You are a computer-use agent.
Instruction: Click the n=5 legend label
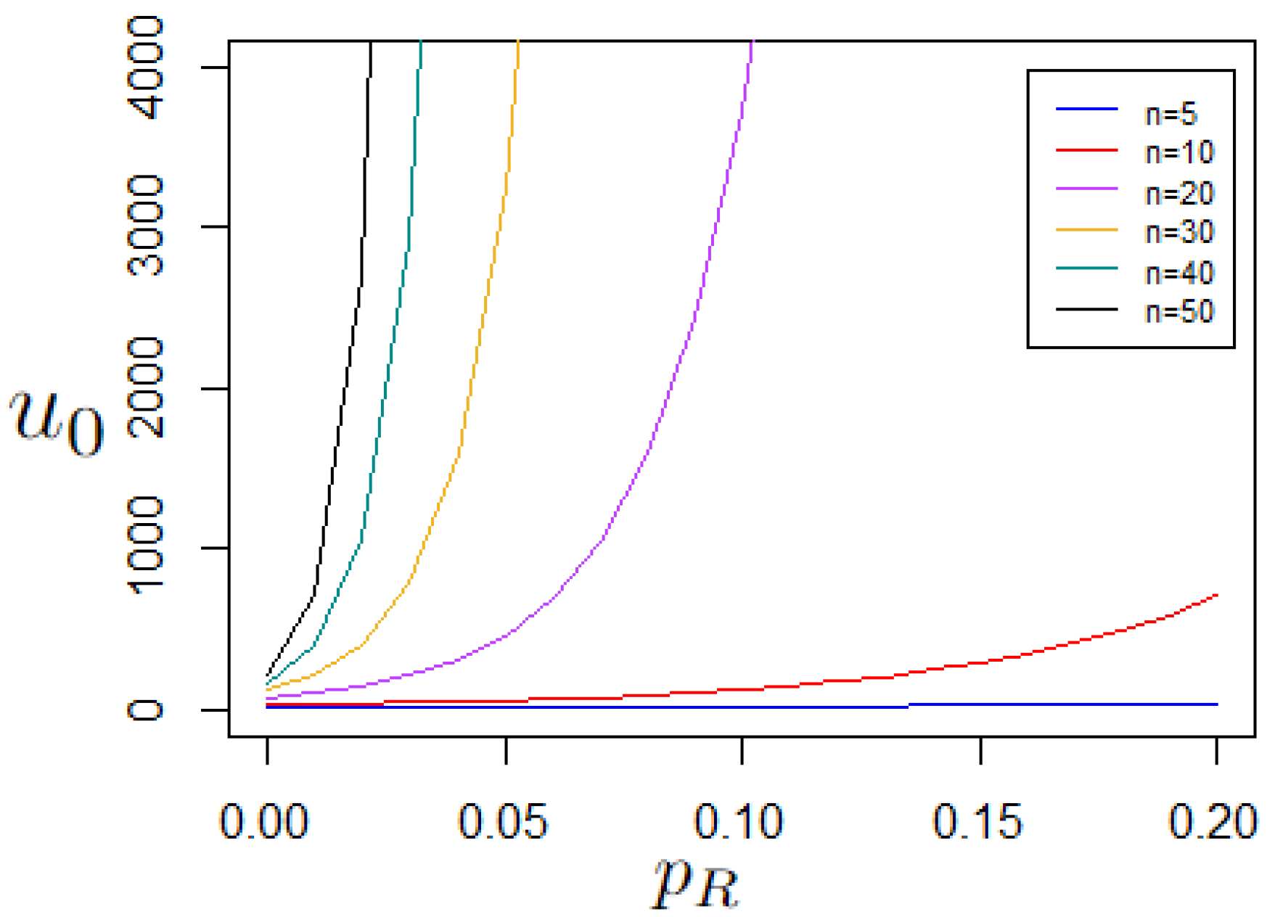(x=1170, y=114)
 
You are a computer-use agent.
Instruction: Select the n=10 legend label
(x=1178, y=152)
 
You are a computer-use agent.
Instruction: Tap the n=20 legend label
(x=1178, y=193)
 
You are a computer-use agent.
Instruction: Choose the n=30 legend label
(x=1178, y=232)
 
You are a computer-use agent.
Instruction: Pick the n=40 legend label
(x=1178, y=273)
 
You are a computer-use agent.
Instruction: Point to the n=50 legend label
(x=1178, y=311)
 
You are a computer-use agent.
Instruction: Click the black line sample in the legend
(x=1086, y=310)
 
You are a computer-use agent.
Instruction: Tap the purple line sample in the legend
(x=1086, y=189)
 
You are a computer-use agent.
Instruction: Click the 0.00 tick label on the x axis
(x=264, y=821)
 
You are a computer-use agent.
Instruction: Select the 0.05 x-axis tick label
(x=503, y=821)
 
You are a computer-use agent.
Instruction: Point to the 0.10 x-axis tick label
(x=739, y=821)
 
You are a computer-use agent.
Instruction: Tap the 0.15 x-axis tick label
(x=977, y=821)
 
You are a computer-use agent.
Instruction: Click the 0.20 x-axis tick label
(x=1212, y=821)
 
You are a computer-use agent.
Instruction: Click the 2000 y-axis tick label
(x=146, y=387)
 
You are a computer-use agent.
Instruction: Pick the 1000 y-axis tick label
(x=146, y=547)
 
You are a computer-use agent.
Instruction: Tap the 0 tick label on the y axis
(x=146, y=709)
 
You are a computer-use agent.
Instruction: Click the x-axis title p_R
(x=695, y=881)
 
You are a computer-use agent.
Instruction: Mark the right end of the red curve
(x=1216, y=596)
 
